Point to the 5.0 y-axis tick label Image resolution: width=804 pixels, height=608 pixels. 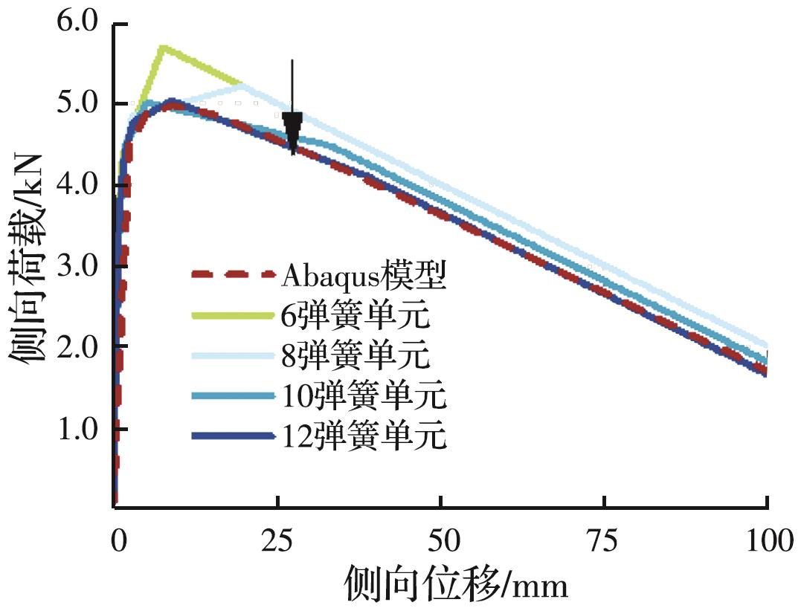(x=77, y=103)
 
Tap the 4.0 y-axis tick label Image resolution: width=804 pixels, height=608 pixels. (x=77, y=184)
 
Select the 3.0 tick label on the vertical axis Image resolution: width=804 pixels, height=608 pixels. (x=77, y=266)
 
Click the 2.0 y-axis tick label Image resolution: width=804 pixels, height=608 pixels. (x=77, y=347)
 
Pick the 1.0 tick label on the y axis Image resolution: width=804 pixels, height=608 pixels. (x=77, y=429)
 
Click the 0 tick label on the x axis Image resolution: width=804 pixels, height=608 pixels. (x=117, y=540)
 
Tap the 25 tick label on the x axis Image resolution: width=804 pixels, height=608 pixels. (x=277, y=540)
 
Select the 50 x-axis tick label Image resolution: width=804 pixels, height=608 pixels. (x=441, y=540)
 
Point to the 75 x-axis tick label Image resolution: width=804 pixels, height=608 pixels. (x=604, y=540)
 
